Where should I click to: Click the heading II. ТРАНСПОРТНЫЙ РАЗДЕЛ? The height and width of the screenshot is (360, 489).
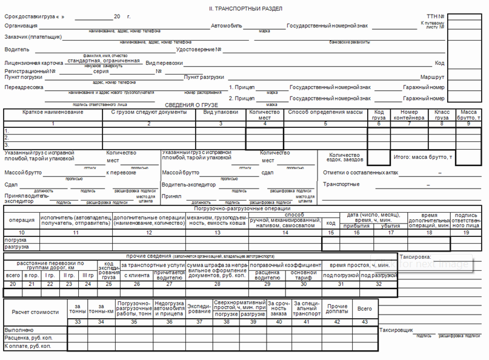[x=244, y=8]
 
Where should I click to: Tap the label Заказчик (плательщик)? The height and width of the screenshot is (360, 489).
[x=33, y=36]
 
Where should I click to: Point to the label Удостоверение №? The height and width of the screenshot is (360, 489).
[x=198, y=49]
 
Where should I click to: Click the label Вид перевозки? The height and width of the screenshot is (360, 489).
[x=164, y=63]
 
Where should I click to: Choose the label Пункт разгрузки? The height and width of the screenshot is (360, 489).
[x=204, y=78]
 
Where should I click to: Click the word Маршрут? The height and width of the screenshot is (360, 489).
[x=433, y=78]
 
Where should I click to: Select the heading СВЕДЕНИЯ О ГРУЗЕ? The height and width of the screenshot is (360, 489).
[x=192, y=105]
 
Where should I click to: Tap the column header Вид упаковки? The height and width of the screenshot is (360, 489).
[x=221, y=112]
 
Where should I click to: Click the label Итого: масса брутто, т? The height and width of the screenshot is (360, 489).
[x=423, y=157]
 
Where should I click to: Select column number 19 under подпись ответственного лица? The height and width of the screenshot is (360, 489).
[x=465, y=233]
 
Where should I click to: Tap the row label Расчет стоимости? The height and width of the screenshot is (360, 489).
[x=36, y=312]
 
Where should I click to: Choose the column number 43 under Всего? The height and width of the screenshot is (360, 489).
[x=364, y=321]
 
